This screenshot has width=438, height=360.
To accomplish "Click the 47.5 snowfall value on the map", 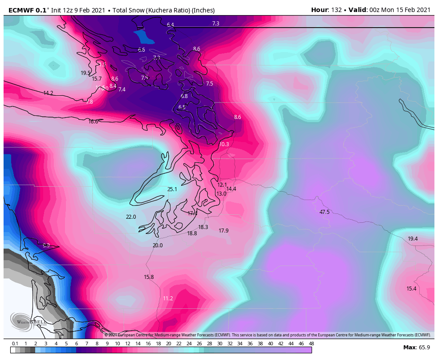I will coord(324,212).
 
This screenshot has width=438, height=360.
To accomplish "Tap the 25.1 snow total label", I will coord(172,189).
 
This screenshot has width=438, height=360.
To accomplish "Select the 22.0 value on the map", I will coord(131,217).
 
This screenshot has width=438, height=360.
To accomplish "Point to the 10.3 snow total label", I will coord(224,144).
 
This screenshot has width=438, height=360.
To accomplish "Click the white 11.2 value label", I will coord(168,299).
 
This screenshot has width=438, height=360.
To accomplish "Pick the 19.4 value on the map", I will coord(413,239).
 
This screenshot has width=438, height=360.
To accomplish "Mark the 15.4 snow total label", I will coord(411,289).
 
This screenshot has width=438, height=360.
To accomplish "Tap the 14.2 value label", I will coord(48,93).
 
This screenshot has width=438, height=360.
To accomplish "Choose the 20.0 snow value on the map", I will coord(158,245).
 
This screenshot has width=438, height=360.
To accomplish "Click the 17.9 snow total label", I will coord(223,231).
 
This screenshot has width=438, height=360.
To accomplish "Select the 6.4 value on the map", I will coord(170,25).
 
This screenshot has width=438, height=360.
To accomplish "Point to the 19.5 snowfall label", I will coord(85,73).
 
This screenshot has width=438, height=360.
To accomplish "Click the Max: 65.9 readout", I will coord(416,348).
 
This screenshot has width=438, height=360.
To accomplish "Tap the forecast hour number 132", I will coord(336,10).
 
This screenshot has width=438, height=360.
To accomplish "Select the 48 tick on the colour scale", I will coord(312,344).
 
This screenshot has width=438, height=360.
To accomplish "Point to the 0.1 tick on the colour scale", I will coord(15,344).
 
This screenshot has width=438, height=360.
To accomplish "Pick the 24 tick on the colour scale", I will coord(189,344).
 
